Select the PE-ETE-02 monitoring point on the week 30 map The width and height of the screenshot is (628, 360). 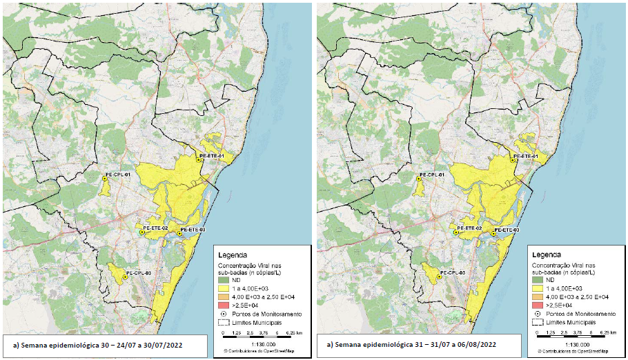click(142, 233)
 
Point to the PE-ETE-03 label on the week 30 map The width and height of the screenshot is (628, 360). click(193, 229)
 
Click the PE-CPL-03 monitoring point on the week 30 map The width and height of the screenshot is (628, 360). click(125, 277)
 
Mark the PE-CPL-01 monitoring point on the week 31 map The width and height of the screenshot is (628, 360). click(419, 179)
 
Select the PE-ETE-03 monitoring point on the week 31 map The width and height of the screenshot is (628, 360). click(494, 234)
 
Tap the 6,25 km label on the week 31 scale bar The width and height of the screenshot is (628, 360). click(607, 332)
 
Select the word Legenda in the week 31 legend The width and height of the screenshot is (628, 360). click(547, 254)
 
